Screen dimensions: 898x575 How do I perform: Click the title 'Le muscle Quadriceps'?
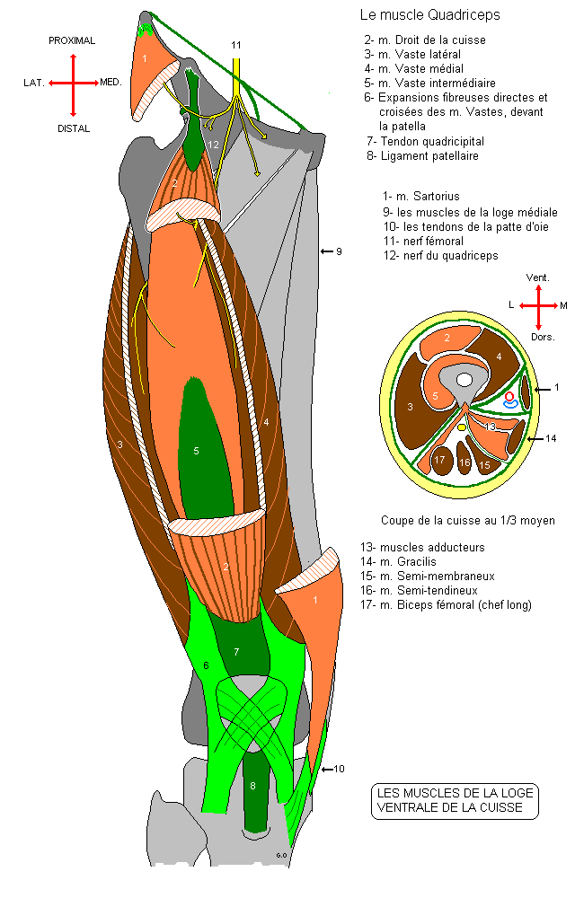click(429, 15)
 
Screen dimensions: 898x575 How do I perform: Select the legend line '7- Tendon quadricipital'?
click(425, 141)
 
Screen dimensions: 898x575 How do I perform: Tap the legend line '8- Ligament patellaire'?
click(422, 155)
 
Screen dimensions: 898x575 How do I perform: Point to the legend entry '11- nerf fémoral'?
click(422, 241)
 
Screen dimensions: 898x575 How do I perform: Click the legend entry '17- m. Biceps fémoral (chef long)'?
click(446, 604)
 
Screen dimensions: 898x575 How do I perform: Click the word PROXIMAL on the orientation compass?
click(72, 41)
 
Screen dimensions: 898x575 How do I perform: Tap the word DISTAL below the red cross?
click(74, 128)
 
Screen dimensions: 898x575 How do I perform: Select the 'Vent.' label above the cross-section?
click(537, 278)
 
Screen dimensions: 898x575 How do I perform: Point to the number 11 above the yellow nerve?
click(236, 45)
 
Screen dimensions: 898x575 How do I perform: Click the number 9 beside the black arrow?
click(339, 251)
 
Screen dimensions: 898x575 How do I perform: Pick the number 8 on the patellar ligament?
click(252, 787)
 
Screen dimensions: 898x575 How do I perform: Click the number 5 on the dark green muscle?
click(196, 451)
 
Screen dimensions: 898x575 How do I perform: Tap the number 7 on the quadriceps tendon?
click(236, 651)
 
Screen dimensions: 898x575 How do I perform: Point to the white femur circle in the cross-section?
click(464, 381)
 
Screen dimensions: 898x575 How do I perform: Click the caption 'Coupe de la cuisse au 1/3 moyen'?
click(467, 520)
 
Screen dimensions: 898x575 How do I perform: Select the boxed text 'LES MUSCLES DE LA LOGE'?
click(456, 792)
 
